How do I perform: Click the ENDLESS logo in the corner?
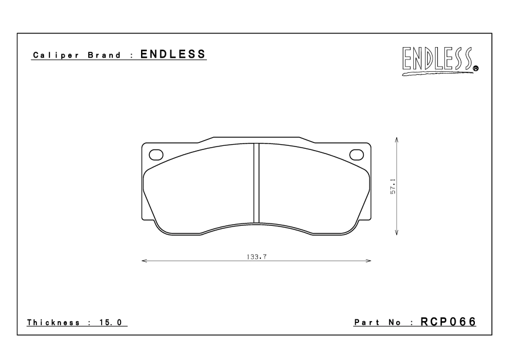(x=440, y=61)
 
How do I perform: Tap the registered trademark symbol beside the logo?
(x=476, y=68)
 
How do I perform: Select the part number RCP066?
(x=448, y=322)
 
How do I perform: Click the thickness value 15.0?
(x=110, y=322)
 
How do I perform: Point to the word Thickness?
(x=53, y=322)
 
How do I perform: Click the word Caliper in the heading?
(x=56, y=55)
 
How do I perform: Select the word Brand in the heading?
(x=104, y=55)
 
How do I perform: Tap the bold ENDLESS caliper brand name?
(x=173, y=54)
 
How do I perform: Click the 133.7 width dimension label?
(x=256, y=256)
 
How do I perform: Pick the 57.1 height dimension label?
(x=393, y=186)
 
